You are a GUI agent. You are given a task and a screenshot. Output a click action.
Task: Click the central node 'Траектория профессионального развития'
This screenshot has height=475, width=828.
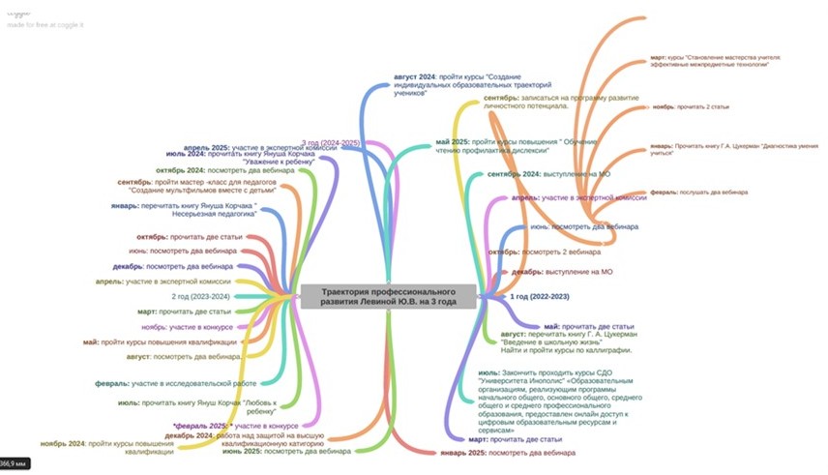pos(390,297)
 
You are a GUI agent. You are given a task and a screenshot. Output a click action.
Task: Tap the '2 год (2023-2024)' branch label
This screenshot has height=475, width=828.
pos(200,296)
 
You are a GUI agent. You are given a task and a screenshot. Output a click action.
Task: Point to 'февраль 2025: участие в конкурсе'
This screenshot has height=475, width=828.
pos(235,426)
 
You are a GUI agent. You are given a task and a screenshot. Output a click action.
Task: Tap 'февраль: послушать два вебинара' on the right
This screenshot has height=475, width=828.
pos(699,193)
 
